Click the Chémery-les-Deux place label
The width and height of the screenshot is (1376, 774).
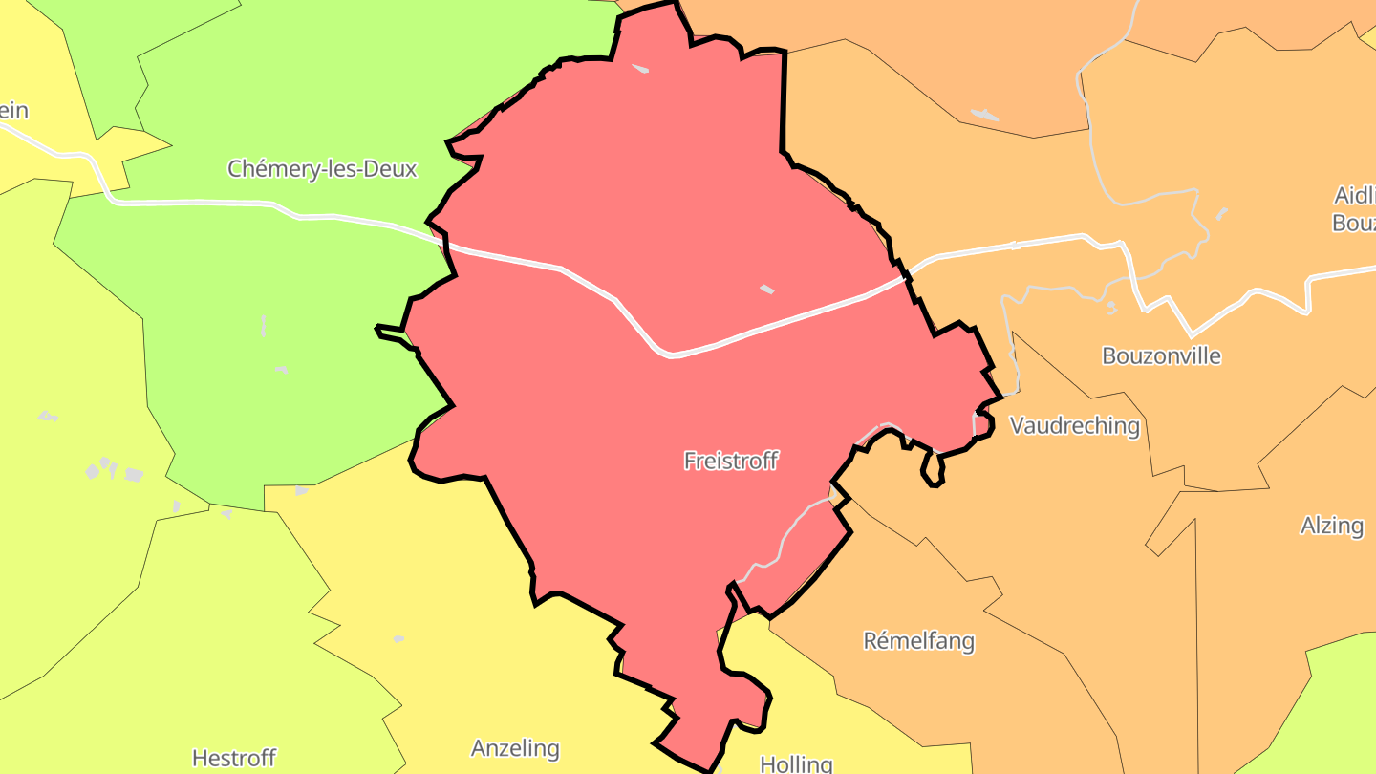tap(322, 169)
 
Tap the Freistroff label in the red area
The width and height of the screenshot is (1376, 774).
tap(731, 461)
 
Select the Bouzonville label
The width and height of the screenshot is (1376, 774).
tap(1161, 355)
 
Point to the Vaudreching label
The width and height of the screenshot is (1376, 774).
tap(1075, 425)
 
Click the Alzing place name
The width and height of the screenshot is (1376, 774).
tap(1331, 525)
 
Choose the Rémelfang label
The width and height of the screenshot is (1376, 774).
tap(918, 640)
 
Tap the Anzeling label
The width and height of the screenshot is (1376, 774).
tap(515, 747)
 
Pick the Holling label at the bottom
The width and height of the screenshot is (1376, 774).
tap(796, 763)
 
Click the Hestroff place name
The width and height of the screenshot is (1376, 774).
tap(234, 759)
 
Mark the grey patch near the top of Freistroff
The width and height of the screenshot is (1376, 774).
tap(640, 68)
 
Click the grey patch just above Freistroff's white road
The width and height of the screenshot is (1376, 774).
tap(766, 289)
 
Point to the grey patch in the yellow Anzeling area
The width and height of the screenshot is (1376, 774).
tap(398, 638)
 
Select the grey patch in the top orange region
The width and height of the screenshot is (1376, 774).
tap(984, 115)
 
